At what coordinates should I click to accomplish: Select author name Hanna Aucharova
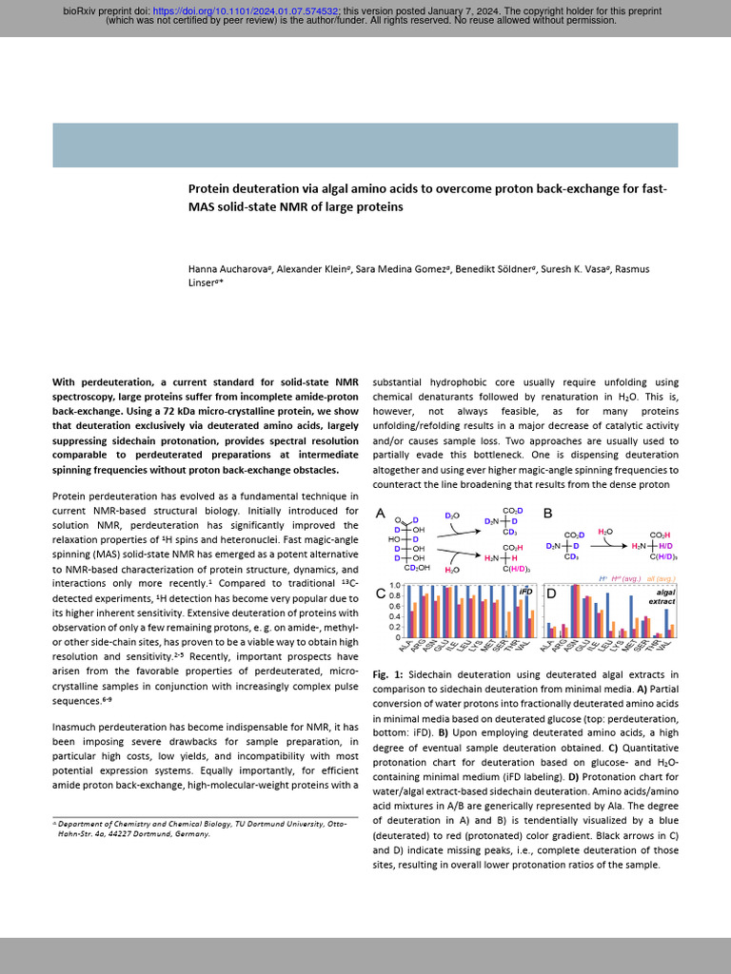tap(227, 270)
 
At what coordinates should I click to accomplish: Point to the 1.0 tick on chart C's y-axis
tap(394, 586)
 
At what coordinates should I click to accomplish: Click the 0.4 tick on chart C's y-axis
tap(394, 616)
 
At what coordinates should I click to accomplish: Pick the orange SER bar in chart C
tap(508, 624)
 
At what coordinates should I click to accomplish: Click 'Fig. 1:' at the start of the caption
tap(385, 672)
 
